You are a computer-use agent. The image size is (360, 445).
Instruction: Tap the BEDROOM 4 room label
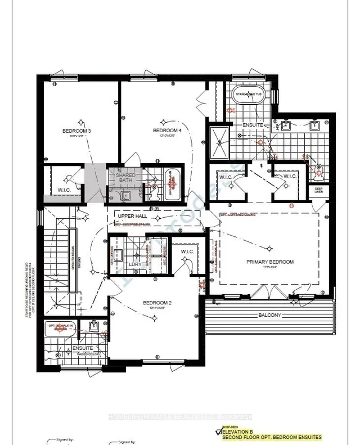pyautogui.click(x=168, y=131)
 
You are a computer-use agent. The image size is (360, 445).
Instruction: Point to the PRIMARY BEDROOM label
pyautogui.click(x=270, y=262)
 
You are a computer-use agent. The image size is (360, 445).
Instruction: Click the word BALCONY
pyautogui.click(x=269, y=315)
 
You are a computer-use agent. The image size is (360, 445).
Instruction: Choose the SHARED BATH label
pyautogui.click(x=125, y=178)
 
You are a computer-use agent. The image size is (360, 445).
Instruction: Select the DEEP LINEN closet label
pyautogui.click(x=318, y=191)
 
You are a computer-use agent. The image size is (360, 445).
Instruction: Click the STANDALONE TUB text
pyautogui.click(x=249, y=94)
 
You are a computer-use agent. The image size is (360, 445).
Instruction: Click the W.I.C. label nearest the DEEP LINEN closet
pyautogui.click(x=290, y=177)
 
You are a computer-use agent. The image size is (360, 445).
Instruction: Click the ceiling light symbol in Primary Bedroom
pyautogui.click(x=271, y=248)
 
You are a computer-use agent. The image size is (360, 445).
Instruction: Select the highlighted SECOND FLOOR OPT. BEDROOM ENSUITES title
pyautogui.click(x=272, y=437)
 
